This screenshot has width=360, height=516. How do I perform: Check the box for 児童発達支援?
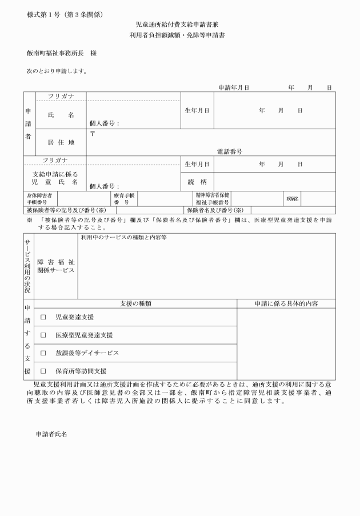pos(43,317)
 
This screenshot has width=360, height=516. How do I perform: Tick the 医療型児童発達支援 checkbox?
pos(43,335)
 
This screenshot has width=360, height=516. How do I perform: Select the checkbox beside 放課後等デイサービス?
pos(43,353)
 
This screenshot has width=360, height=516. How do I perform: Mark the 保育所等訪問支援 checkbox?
pos(43,371)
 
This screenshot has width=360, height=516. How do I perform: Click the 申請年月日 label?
pos(234,87)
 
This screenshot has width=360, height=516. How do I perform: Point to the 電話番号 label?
pos(230,152)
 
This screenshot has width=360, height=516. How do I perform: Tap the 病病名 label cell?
pos(292,198)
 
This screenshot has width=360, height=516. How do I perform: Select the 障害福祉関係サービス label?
pos(56,266)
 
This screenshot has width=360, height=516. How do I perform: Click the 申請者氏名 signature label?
pos(51,435)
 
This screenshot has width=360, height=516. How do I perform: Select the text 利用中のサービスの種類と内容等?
pos(123,237)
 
